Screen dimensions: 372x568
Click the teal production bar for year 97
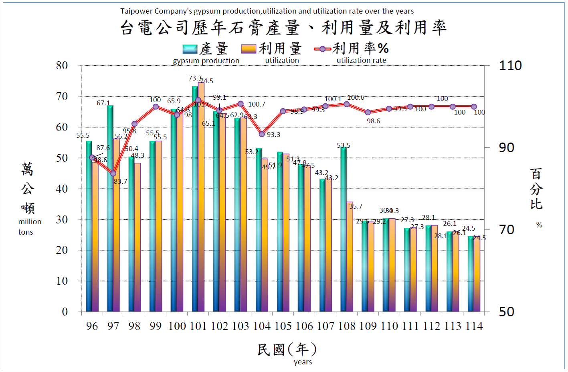(110, 208)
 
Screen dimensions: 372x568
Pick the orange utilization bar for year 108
(350, 257)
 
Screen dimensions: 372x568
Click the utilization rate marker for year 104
(262, 134)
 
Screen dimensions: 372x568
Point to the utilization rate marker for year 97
(113, 173)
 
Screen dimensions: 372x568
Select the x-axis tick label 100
(177, 326)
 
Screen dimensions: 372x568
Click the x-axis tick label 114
(474, 326)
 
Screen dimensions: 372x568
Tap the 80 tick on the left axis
(62, 66)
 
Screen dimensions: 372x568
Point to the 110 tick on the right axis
(510, 66)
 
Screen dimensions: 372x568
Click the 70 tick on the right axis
(506, 230)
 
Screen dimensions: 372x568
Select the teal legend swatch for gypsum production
(190, 49)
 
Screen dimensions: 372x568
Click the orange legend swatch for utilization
(248, 49)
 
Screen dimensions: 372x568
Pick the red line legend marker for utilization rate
(322, 49)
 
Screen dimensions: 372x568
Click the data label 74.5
(207, 81)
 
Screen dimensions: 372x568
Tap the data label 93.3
(273, 135)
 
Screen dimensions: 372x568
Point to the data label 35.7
(356, 206)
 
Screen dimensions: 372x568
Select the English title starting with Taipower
(267, 11)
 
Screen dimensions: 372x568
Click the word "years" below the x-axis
(303, 362)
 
